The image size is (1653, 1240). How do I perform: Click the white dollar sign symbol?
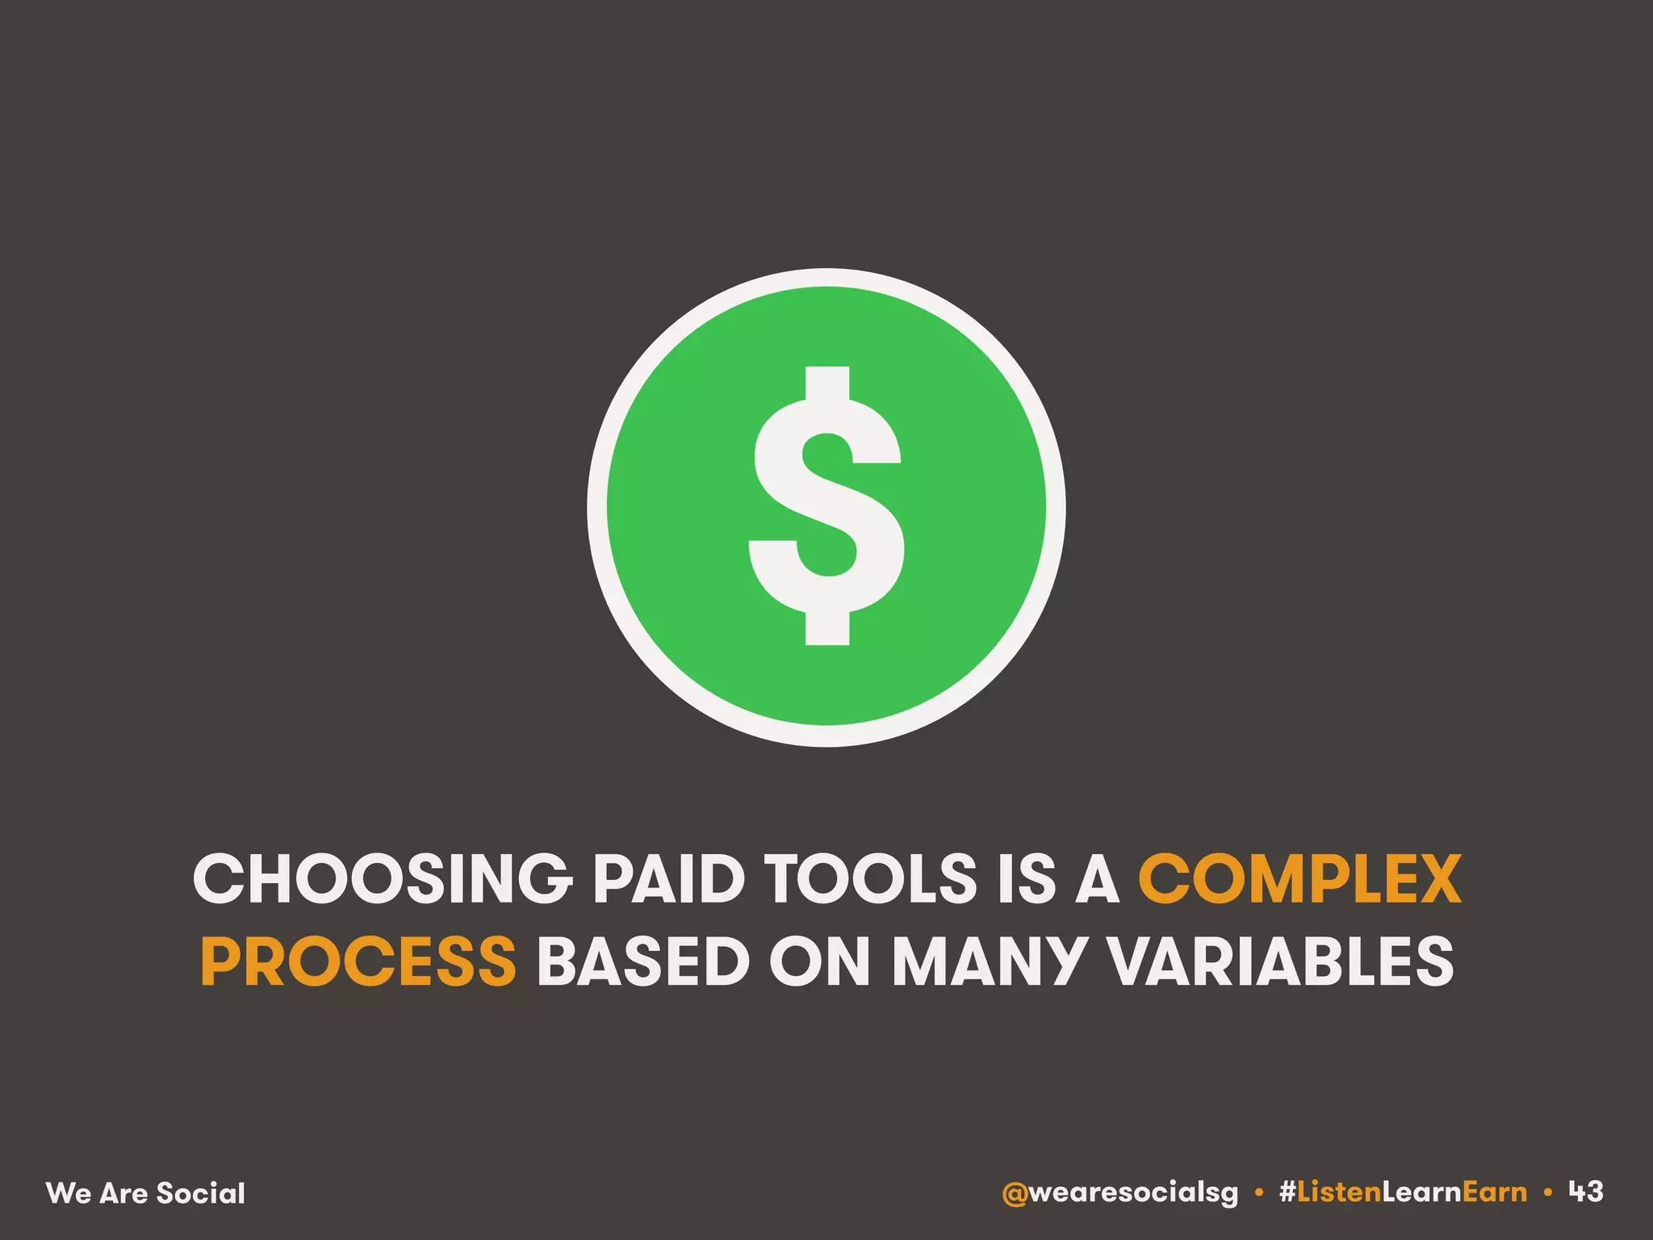[x=826, y=507]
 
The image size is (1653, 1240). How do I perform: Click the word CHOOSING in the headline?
[x=382, y=879]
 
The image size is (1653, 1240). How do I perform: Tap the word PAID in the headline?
[x=669, y=879]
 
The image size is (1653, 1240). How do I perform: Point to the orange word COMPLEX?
[x=1299, y=879]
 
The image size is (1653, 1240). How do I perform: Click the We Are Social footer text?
[x=146, y=1193]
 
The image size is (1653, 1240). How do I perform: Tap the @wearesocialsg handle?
[x=1119, y=1192]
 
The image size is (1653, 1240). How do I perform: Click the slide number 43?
[x=1586, y=1191]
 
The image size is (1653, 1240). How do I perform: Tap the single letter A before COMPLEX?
[x=1098, y=879]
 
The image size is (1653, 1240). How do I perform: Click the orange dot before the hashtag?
[x=1259, y=1192]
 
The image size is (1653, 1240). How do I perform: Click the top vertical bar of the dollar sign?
[x=827, y=383]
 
